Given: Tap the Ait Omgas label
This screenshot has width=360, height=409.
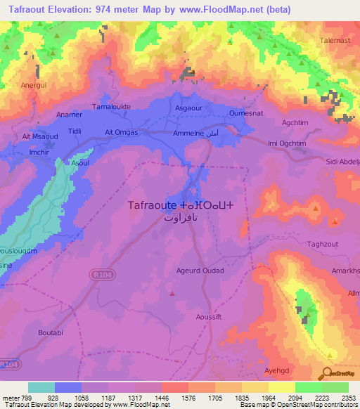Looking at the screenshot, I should pyautogui.click(x=121, y=132).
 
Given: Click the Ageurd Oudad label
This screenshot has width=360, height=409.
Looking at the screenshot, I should pyautogui.click(x=200, y=271).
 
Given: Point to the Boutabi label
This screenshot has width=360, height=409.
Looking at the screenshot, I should pyautogui.click(x=51, y=332).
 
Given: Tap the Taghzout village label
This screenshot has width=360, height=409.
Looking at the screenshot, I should pyautogui.click(x=324, y=245).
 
